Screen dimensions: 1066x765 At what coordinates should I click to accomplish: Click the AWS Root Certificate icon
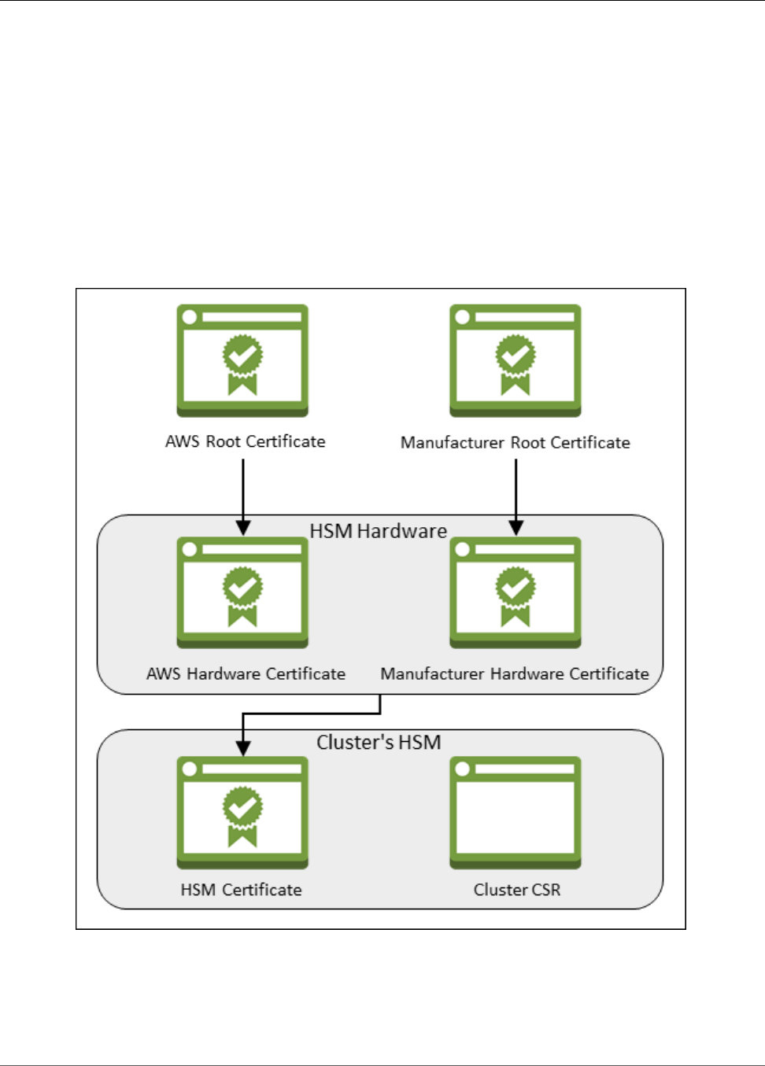pyautogui.click(x=242, y=361)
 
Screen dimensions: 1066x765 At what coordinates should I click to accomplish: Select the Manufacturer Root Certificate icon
pyautogui.click(x=516, y=361)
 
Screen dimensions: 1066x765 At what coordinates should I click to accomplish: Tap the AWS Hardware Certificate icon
pyautogui.click(x=242, y=592)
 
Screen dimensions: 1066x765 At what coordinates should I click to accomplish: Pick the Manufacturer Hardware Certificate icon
pyautogui.click(x=516, y=592)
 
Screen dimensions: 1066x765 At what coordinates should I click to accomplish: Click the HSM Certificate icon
pyautogui.click(x=242, y=813)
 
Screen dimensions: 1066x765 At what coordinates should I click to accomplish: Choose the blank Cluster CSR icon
pyautogui.click(x=516, y=813)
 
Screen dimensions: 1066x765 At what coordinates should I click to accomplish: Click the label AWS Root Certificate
pyautogui.click(x=245, y=441)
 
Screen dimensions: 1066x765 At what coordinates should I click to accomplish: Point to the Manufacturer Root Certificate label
pyautogui.click(x=516, y=442)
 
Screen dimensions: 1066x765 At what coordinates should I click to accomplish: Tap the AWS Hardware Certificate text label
pyautogui.click(x=246, y=673)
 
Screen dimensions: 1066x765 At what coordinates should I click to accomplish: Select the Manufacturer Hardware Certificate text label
pyautogui.click(x=515, y=673)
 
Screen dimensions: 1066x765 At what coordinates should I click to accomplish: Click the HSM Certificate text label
pyautogui.click(x=241, y=890)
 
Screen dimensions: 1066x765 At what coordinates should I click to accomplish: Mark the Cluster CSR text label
pyautogui.click(x=517, y=890)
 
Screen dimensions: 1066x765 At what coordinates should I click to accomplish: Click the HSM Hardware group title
pyautogui.click(x=378, y=531)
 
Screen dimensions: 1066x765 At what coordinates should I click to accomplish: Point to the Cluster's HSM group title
pyautogui.click(x=379, y=742)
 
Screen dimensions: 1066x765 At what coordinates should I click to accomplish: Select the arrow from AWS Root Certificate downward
pyautogui.click(x=243, y=492)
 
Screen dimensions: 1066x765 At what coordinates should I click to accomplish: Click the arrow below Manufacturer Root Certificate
pyautogui.click(x=516, y=492)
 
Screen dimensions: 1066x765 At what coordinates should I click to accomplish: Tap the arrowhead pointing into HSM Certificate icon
pyautogui.click(x=243, y=747)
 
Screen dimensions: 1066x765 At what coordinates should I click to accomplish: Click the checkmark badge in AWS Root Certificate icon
pyautogui.click(x=242, y=356)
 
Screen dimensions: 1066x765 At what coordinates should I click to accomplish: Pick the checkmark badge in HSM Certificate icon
pyautogui.click(x=242, y=807)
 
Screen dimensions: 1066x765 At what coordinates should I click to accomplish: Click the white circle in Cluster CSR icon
pyautogui.click(x=463, y=769)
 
